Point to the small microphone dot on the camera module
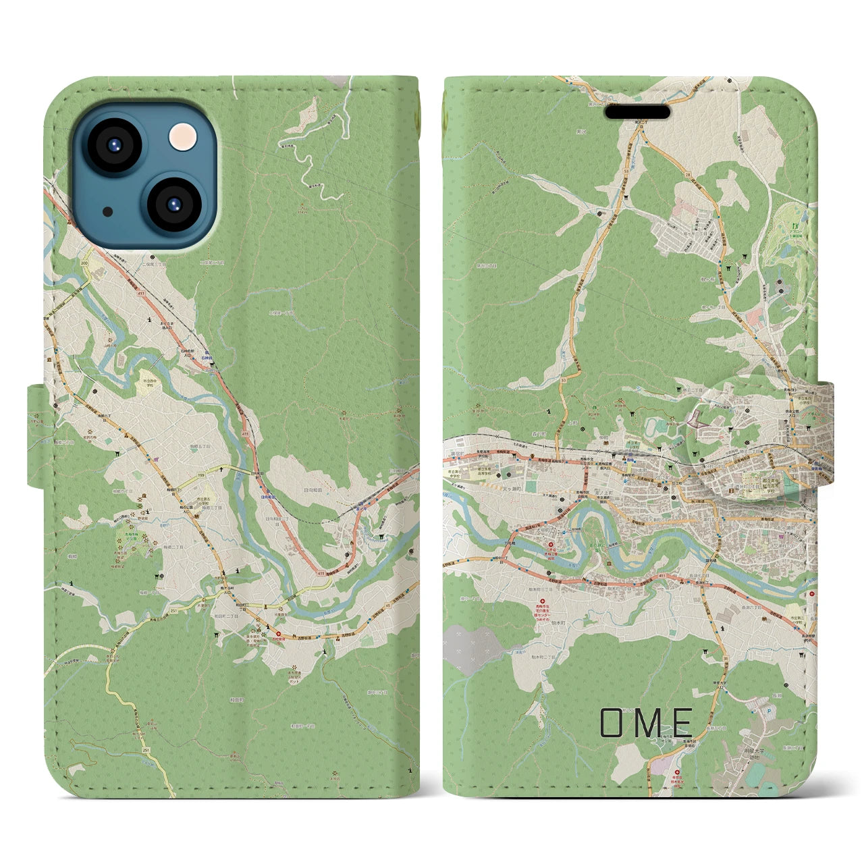click(108, 212)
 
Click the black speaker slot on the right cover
click(637, 112)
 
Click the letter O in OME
click(613, 723)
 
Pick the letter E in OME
click(682, 723)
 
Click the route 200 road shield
click(84, 263)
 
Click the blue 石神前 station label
click(213, 350)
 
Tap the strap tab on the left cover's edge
click(37, 436)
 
